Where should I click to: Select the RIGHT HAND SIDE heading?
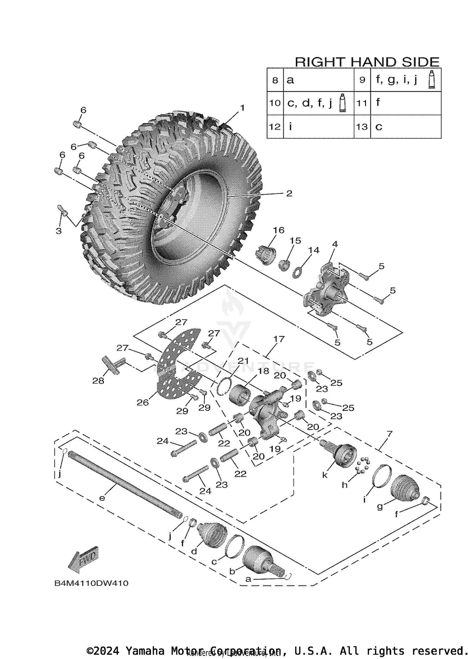(x=367, y=62)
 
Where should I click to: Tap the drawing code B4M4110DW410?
(x=91, y=583)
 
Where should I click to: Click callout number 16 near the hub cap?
(x=279, y=230)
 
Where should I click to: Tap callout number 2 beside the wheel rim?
(x=289, y=193)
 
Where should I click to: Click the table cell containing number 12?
(x=275, y=127)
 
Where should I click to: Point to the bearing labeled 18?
(x=239, y=394)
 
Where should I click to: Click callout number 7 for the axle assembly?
(x=389, y=433)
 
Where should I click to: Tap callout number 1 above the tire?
(x=242, y=108)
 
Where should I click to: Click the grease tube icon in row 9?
(x=432, y=79)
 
